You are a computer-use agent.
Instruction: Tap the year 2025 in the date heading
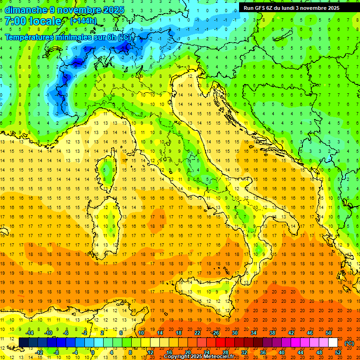[112, 10]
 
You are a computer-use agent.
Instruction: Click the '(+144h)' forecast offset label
[83, 21]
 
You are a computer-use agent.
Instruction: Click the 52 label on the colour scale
[338, 352]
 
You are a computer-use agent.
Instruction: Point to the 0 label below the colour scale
[93, 352]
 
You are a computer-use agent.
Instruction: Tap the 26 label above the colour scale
[215, 333]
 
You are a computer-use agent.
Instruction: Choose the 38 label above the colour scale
[272, 333]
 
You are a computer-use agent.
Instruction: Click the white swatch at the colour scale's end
[333, 343]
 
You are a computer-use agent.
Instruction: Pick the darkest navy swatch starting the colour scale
[23, 343]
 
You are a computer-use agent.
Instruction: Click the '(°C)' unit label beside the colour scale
[349, 343]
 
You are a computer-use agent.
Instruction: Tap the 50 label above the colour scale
[329, 333]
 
